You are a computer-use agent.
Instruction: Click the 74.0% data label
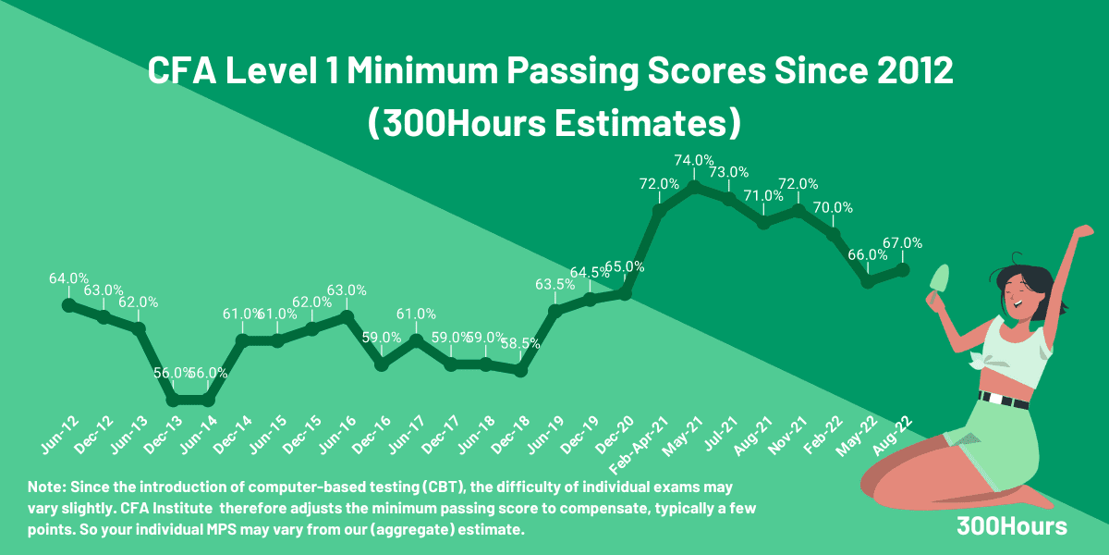pyautogui.click(x=694, y=160)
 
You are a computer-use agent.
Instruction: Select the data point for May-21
pyautogui.click(x=694, y=187)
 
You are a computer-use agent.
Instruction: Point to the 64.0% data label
pyautogui.click(x=68, y=277)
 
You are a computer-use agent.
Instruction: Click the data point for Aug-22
pyautogui.click(x=903, y=269)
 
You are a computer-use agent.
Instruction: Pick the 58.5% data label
pyautogui.click(x=521, y=343)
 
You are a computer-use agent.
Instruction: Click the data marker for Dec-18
pyautogui.click(x=520, y=370)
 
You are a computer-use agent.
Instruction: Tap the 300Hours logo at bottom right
pyautogui.click(x=1012, y=526)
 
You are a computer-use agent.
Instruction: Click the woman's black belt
pyautogui.click(x=1004, y=401)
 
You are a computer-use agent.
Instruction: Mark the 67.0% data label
pyautogui.click(x=903, y=243)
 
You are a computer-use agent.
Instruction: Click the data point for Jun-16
pyautogui.click(x=347, y=315)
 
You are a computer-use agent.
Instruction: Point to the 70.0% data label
pyautogui.click(x=833, y=207)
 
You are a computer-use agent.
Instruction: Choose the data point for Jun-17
pyautogui.click(x=416, y=339)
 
